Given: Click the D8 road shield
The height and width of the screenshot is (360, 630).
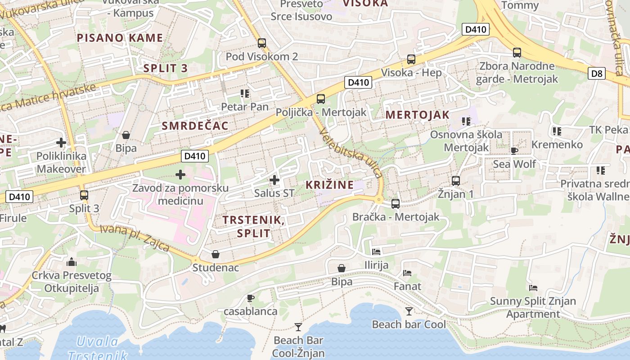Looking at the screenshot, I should [597, 73].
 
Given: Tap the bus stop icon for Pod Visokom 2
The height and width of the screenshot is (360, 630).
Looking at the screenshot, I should [261, 43].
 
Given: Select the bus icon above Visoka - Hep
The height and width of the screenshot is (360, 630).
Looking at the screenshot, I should [411, 59].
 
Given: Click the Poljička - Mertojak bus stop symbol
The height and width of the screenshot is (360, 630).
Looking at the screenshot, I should [320, 99].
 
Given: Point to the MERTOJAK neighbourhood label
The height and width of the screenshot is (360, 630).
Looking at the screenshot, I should [417, 115].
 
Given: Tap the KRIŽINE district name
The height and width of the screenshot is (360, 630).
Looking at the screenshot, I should [329, 184].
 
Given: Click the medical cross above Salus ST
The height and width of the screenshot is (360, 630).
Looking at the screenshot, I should [274, 180].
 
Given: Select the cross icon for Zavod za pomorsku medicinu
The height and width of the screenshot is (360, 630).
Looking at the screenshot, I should [180, 175].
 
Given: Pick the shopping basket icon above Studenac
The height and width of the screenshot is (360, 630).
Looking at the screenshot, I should [216, 254].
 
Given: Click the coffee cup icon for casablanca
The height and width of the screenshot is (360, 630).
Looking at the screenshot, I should [251, 298].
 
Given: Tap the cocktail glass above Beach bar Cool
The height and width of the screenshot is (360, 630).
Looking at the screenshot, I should [409, 311].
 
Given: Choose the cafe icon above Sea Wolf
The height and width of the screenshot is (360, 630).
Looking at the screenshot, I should [514, 151].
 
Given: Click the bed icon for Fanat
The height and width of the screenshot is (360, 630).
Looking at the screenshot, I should [407, 273].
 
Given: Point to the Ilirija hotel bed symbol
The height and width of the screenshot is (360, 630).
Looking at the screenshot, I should [376, 252].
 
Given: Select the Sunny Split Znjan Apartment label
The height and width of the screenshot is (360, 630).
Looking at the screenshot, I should [533, 307].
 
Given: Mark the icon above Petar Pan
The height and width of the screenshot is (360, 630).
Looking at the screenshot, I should [244, 94].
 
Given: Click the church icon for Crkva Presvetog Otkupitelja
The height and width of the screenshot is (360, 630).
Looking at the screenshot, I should [71, 262].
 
